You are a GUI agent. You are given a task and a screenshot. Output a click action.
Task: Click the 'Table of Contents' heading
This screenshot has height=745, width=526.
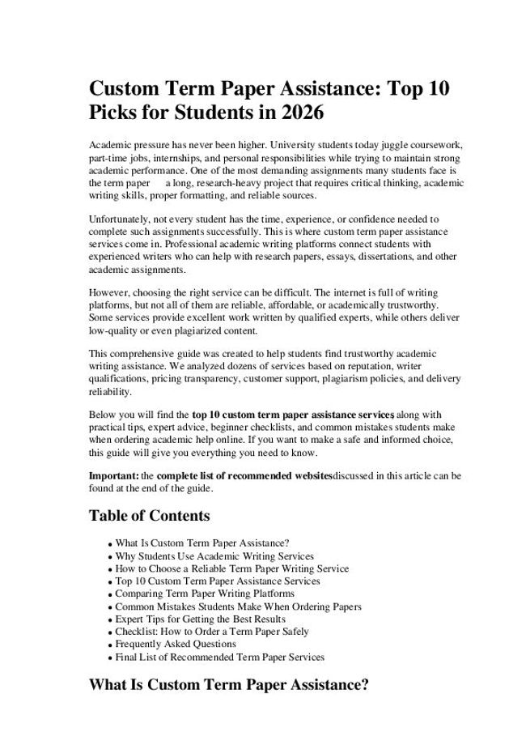pos(149,516)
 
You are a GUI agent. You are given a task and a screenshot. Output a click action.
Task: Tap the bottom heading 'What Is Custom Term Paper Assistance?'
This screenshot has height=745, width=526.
pos(229,685)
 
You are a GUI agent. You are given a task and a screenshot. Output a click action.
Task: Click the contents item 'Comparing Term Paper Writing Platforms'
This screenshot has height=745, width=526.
pos(205,594)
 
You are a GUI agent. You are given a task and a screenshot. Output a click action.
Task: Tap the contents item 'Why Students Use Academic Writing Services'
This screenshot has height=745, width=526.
pos(214,556)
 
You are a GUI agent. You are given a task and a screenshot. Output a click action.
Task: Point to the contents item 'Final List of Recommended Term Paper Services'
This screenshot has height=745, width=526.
pos(220,657)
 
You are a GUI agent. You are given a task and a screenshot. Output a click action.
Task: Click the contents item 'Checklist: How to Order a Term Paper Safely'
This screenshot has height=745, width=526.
pos(212,632)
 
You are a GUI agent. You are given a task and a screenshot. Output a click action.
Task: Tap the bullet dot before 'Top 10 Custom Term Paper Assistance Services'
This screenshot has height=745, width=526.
pos(109,582)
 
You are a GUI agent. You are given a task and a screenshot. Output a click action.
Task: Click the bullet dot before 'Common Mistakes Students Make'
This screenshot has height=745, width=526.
pos(109,607)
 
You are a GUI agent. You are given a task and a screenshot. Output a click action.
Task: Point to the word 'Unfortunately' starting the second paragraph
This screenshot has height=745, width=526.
pos(119,219)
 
